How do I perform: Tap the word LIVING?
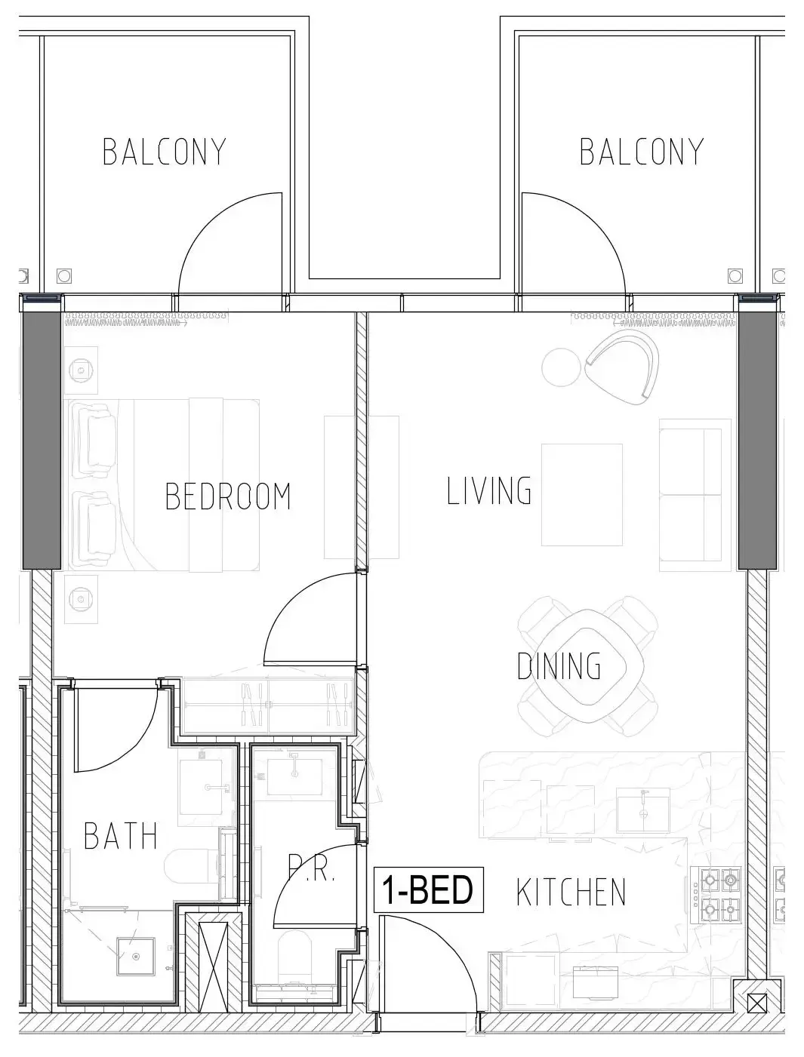pos(489,490)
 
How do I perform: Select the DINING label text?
pos(559,666)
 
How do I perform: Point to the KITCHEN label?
pos(571,893)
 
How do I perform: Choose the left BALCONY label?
pos(165,152)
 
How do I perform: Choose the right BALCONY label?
pos(641,152)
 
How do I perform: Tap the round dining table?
pos(587,666)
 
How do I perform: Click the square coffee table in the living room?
pos(581,495)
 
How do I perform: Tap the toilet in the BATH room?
pos(193,872)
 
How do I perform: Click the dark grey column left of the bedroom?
pos(42,440)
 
